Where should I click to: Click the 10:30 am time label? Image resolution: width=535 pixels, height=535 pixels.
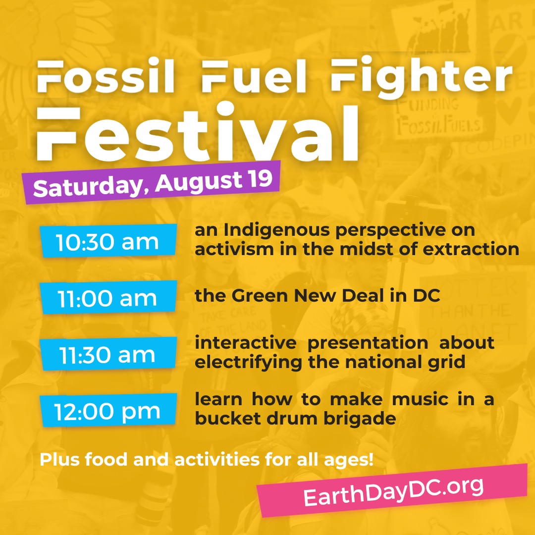click(x=107, y=242)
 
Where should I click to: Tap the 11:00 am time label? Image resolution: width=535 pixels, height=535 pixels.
click(x=107, y=298)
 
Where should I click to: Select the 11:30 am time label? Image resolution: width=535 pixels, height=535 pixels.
click(x=107, y=355)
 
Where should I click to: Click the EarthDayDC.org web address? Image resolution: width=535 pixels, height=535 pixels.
click(x=393, y=490)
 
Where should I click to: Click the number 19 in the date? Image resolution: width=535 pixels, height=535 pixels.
click(x=260, y=179)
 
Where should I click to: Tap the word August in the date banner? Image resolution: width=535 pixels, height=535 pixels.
click(x=196, y=181)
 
